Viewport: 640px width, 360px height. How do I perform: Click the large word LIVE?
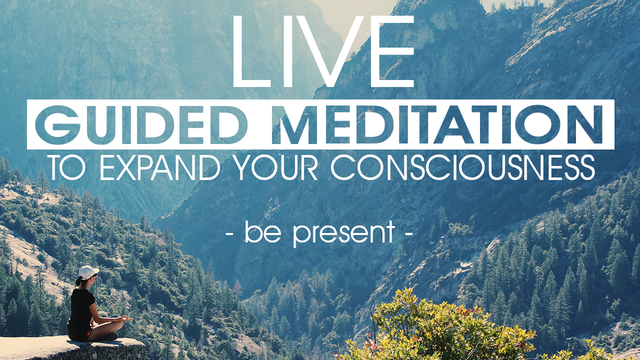(323, 51)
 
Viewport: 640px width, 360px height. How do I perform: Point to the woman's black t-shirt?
(81, 308)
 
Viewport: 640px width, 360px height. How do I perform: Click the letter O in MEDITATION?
(539, 124)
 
